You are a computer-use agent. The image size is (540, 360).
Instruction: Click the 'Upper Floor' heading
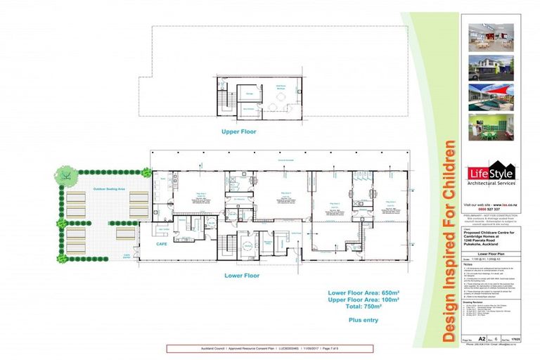coord(239,131)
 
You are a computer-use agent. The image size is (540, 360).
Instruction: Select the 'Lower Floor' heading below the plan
coord(242,275)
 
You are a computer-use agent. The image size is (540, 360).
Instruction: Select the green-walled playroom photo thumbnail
coord(492,129)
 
